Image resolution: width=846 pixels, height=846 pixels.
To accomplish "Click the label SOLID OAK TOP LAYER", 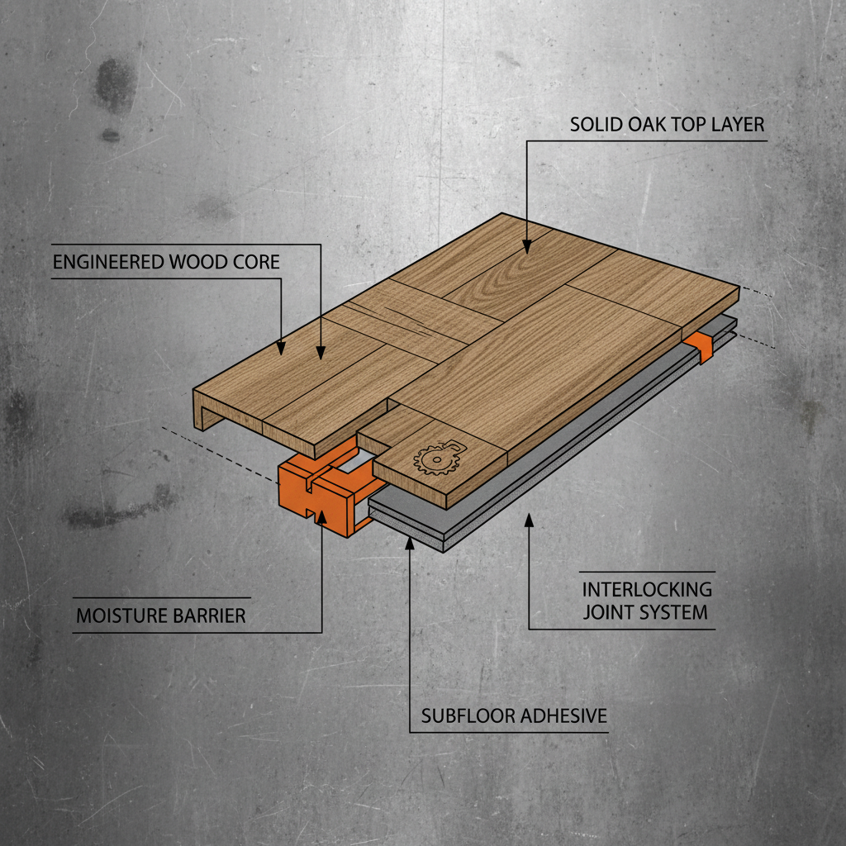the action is tap(667, 125).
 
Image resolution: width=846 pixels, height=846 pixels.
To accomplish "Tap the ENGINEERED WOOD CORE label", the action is tap(166, 262).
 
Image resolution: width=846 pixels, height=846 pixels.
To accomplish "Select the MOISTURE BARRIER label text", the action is tap(161, 615).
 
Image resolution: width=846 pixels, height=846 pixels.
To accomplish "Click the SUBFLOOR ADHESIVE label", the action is tap(514, 716).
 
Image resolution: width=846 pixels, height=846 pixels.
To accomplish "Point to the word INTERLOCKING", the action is tap(647, 589).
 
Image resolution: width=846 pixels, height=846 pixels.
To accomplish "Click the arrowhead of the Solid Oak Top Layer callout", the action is tap(527, 246).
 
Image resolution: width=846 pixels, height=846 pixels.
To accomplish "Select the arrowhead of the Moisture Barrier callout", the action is tap(321, 516).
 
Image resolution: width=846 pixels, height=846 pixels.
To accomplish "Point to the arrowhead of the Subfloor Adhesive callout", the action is tap(410, 542).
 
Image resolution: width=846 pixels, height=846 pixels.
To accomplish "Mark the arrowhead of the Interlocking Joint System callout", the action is tap(529, 520).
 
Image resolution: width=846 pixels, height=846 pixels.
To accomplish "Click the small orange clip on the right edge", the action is tap(700, 346).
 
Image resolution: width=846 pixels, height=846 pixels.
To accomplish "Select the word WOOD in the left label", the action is tap(198, 262).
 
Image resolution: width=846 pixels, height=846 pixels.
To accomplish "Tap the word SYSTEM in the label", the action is tap(673, 613).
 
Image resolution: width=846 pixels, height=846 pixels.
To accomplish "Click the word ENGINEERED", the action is tap(108, 262).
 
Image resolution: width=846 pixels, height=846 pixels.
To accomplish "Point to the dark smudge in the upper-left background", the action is tap(114, 86).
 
